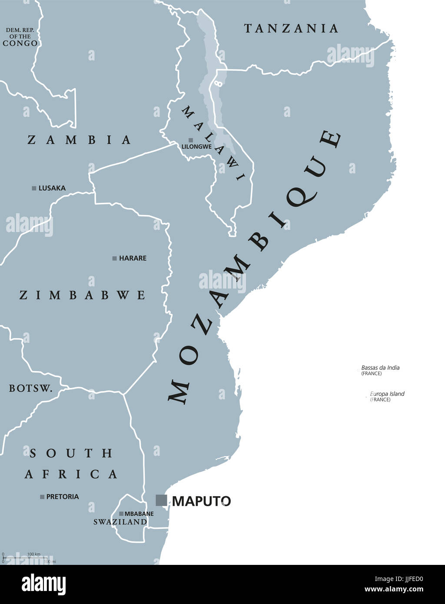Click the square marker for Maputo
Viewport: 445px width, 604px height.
161,500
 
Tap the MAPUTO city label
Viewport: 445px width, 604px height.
201,501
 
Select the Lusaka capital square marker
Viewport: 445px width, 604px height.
34,188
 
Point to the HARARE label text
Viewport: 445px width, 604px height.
133,258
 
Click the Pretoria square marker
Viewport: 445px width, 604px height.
42,497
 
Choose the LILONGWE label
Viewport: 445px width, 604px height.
197,147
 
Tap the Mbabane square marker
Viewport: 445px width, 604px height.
121,514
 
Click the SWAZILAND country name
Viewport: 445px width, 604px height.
120,522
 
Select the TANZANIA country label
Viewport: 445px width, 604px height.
291,29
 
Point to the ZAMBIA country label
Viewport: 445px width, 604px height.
79,140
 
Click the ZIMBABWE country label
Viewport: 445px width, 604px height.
82,295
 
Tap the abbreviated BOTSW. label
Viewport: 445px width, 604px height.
30,388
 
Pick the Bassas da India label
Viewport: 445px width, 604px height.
380,368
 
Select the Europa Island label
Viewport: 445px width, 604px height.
387,394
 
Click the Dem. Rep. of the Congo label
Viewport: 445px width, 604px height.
20,37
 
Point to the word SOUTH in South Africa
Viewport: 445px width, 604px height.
71,454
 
